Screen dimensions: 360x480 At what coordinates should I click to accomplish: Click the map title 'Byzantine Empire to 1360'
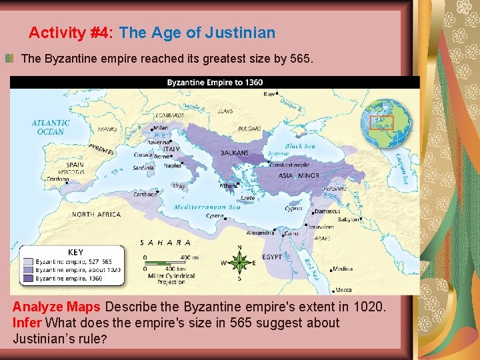coord(215,83)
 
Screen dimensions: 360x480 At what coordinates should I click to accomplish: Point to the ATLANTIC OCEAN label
coord(51,127)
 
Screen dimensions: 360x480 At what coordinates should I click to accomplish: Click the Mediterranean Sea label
coord(207,207)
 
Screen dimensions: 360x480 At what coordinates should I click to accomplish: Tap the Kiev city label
coord(269,95)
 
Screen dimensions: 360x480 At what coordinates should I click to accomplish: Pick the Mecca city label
coord(343,289)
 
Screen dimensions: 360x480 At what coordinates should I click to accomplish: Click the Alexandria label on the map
coord(259,233)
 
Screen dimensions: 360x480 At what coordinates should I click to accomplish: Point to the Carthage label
coord(145,194)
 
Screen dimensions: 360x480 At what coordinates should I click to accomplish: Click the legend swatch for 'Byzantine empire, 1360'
coord(27,279)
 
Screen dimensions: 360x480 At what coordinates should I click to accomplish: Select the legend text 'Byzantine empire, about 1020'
coord(79,270)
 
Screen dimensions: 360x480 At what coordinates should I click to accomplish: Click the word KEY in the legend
coord(75,253)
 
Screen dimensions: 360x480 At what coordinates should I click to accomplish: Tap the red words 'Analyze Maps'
coord(57,307)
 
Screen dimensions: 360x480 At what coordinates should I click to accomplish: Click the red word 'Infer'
coord(26,323)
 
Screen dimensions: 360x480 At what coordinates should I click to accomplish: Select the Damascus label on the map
coord(328,211)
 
